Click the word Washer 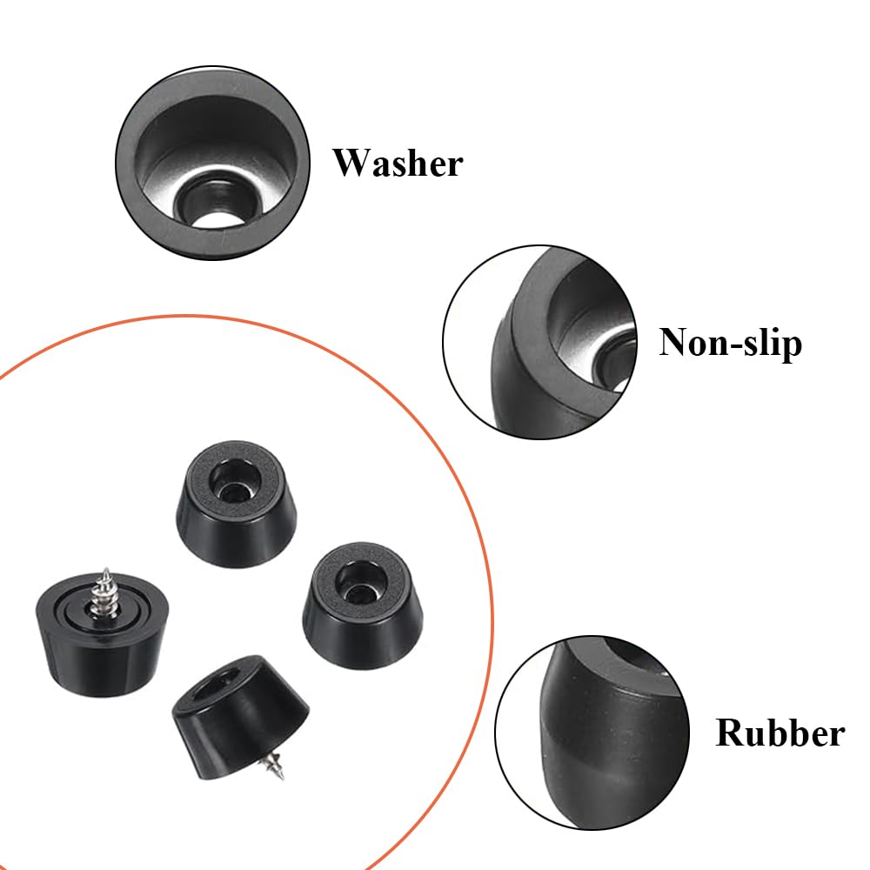tap(398, 163)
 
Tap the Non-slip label tap(730, 342)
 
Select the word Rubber tap(780, 733)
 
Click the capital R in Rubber tap(728, 733)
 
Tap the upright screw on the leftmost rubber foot tap(104, 592)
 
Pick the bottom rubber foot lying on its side tap(240, 716)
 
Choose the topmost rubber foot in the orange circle tap(237, 503)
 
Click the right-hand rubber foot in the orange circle tap(363, 605)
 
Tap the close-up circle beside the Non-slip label tap(540, 342)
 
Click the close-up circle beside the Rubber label tap(592, 733)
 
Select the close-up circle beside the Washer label tap(212, 163)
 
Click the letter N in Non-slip tap(673, 341)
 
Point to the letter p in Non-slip tap(793, 349)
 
